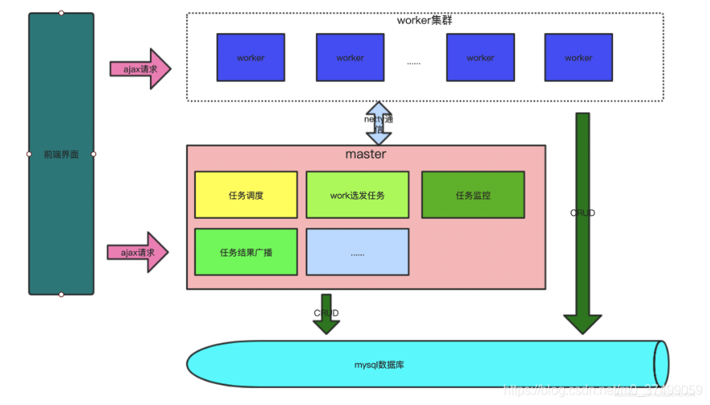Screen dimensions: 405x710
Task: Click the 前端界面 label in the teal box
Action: pyautogui.click(x=61, y=154)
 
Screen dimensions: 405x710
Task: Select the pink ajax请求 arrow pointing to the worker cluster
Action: pyautogui.click(x=140, y=69)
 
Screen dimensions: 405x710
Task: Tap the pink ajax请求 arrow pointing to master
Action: pyautogui.click(x=138, y=253)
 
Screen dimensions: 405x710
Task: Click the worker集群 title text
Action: pyautogui.click(x=424, y=20)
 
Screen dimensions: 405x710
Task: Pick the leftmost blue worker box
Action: pyautogui.click(x=250, y=58)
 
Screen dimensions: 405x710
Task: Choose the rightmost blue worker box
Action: pyautogui.click(x=578, y=58)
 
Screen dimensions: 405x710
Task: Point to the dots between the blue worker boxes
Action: pyautogui.click(x=414, y=62)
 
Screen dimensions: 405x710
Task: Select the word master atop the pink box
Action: pyautogui.click(x=365, y=154)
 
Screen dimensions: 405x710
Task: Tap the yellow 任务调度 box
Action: pyautogui.click(x=245, y=195)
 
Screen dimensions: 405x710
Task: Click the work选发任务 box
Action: pyautogui.click(x=357, y=195)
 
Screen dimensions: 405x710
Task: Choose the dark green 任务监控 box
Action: pyautogui.click(x=473, y=195)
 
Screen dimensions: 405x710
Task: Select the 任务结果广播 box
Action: pyautogui.click(x=245, y=252)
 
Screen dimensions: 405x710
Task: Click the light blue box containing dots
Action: pyautogui.click(x=357, y=252)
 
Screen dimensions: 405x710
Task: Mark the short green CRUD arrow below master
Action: pyautogui.click(x=326, y=314)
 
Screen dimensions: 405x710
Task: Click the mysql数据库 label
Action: pyautogui.click(x=379, y=365)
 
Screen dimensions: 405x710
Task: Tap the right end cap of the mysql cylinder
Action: pyautogui.click(x=661, y=364)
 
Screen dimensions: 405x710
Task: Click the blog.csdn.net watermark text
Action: pyautogui.click(x=602, y=391)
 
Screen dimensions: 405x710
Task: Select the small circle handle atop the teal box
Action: pyautogui.click(x=61, y=13)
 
